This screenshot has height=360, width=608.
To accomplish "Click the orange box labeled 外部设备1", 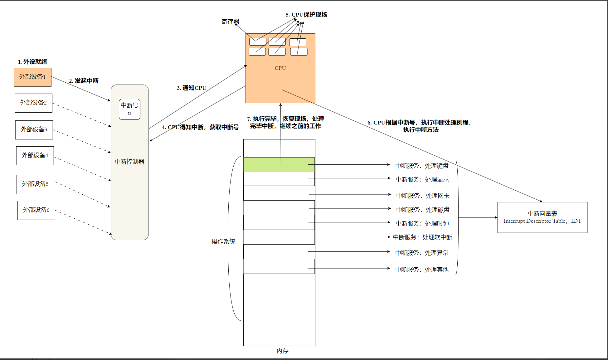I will point(32,77).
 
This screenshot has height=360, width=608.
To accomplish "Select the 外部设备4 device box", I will point(35,156).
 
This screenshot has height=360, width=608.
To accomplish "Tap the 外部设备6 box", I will point(36,210).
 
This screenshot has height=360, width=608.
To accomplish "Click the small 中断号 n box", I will point(129,109).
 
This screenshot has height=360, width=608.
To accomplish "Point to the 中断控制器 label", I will point(129,162).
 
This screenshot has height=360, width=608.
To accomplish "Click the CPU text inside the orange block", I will point(280,68).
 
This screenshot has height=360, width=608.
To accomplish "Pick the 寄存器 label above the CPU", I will point(230,22).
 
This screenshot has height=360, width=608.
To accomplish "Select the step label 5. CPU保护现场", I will point(306,15).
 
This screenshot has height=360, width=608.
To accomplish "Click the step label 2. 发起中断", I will point(84,81).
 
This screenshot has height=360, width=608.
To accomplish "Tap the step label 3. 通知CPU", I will point(192,88).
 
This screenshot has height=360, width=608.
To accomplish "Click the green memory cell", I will point(279,165).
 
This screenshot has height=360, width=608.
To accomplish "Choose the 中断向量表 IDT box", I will point(542,217).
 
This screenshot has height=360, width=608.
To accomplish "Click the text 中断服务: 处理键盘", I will point(422,166).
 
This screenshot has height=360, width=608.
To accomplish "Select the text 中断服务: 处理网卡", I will point(423,196).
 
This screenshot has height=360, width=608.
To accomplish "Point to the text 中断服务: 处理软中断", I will point(422,237).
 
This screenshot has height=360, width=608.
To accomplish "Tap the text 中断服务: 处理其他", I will point(422,270).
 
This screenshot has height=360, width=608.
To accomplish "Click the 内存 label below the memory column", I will point(282,351).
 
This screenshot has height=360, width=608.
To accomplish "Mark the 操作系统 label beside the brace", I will point(223,241).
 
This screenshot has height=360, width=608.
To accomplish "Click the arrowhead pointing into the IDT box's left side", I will point(496,217).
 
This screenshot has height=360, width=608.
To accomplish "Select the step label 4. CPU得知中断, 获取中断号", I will point(200,127).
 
